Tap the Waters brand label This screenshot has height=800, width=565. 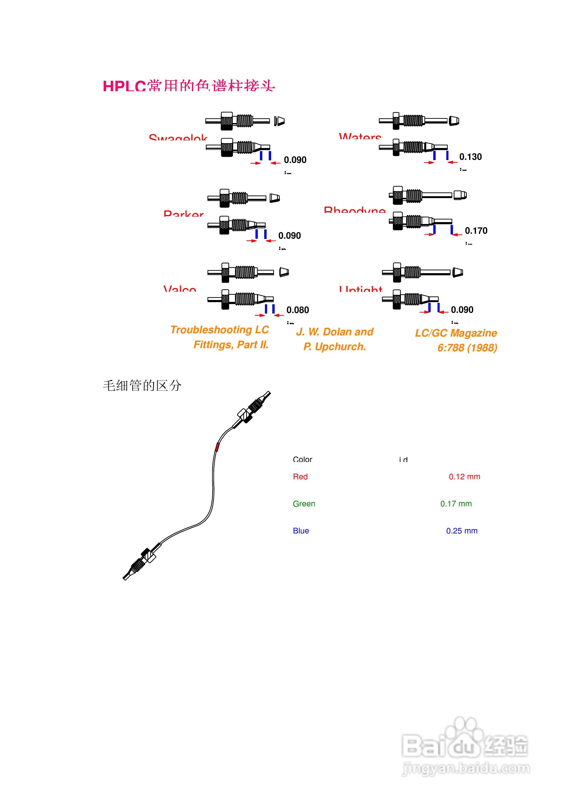360,136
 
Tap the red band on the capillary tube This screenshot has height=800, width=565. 217,447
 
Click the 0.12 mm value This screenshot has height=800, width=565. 464,477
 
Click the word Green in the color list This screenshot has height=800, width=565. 304,504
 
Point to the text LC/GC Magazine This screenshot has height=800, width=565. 456,333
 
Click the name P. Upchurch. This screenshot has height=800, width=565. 334,347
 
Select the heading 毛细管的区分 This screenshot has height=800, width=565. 142,386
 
